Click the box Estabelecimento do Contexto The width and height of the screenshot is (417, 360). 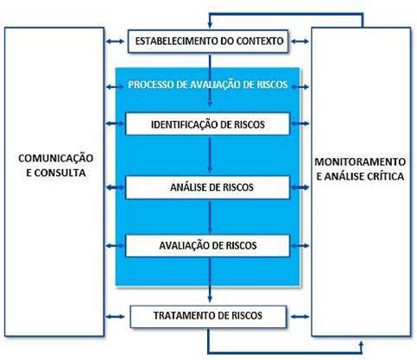(208, 41)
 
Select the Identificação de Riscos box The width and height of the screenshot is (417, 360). (207, 123)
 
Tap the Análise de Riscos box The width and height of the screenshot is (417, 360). (207, 187)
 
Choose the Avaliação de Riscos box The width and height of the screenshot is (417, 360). (207, 245)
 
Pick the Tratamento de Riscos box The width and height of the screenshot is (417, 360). (208, 317)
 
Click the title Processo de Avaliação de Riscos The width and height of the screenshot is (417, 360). (208, 85)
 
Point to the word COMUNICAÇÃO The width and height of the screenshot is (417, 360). (56, 158)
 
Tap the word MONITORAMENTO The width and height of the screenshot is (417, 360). (360, 161)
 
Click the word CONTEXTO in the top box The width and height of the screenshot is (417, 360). (260, 41)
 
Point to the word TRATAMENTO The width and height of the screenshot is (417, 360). (184, 316)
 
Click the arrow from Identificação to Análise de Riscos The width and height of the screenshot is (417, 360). (210, 155)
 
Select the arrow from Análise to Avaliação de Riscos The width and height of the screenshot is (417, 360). (210, 217)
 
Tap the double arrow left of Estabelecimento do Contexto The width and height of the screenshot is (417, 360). (115, 41)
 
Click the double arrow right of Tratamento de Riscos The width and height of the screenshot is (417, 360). (300, 317)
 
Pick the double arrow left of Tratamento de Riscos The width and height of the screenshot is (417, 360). (115, 317)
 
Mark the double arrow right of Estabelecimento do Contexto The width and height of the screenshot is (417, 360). (300, 41)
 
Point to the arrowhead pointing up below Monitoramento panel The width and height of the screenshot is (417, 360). (362, 344)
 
